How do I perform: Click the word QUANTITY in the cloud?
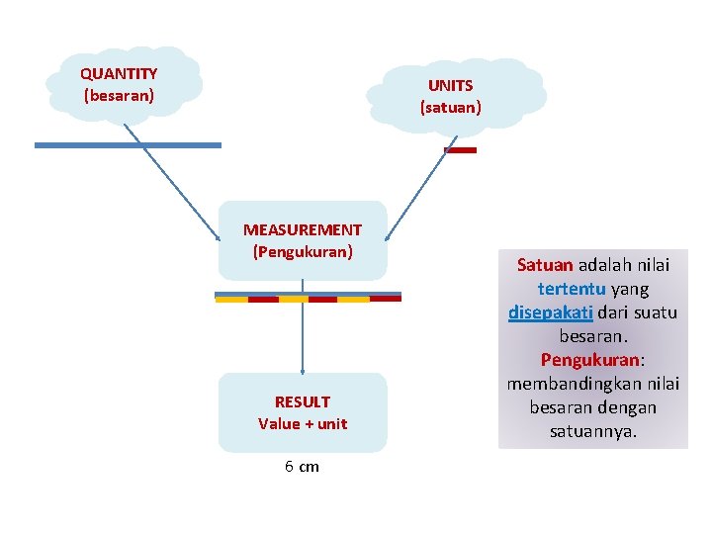(x=119, y=74)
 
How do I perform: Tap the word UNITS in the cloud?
(x=450, y=86)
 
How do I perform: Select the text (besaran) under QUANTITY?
(x=119, y=96)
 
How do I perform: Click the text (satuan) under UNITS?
(x=450, y=107)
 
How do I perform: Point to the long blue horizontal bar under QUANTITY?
(x=128, y=145)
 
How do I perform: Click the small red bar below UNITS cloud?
(x=461, y=150)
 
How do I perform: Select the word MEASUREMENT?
(x=302, y=230)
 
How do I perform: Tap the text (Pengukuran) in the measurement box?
(x=302, y=251)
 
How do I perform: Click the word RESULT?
(x=302, y=401)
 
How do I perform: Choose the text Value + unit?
(x=302, y=423)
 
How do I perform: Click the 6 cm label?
(x=302, y=467)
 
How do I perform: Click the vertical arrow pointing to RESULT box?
(x=302, y=336)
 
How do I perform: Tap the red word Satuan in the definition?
(x=545, y=265)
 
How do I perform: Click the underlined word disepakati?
(x=550, y=312)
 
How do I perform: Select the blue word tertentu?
(x=573, y=289)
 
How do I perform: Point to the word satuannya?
(x=592, y=431)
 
